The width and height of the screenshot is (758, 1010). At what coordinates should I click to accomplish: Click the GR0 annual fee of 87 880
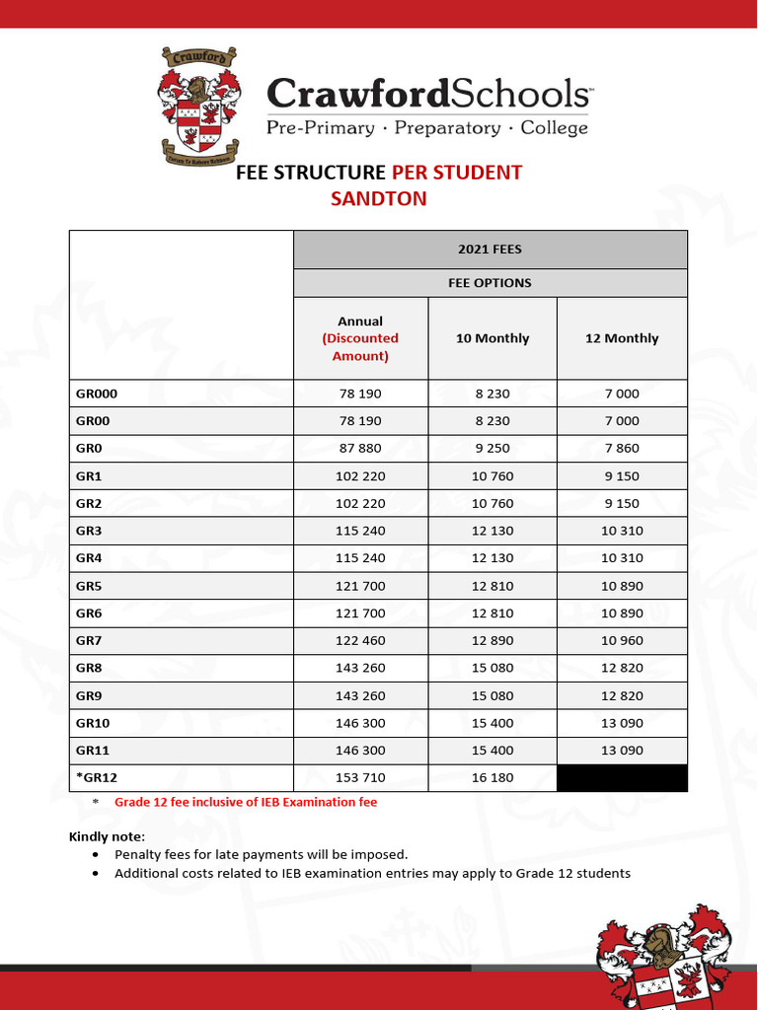coord(360,448)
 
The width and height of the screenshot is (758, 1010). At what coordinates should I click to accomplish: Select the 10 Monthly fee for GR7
coord(493,640)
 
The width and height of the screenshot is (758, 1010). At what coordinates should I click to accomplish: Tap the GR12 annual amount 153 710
coord(360,777)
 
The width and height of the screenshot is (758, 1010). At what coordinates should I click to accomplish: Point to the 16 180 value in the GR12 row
coord(493,777)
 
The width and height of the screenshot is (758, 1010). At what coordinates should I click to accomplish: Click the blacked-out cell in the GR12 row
coord(622,777)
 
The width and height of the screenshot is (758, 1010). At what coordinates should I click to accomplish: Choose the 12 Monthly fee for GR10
coord(622,722)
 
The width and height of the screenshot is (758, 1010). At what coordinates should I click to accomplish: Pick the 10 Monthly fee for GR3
coord(493,530)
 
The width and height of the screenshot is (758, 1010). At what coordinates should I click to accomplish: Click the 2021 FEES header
coord(490,251)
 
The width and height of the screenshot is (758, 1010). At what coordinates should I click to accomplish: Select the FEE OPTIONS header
coord(490,283)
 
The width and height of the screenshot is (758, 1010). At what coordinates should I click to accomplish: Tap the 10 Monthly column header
coord(493,338)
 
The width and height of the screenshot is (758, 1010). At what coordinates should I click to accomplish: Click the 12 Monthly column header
coord(622,338)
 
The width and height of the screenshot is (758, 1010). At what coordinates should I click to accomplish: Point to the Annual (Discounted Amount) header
coord(360,338)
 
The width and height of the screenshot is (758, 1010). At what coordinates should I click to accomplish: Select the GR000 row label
coord(97,394)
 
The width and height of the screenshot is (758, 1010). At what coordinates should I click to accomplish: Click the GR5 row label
coord(89,585)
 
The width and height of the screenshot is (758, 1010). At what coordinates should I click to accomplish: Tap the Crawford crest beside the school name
coord(198,107)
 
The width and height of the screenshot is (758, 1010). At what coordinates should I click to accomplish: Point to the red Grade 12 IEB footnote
coord(246,802)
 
